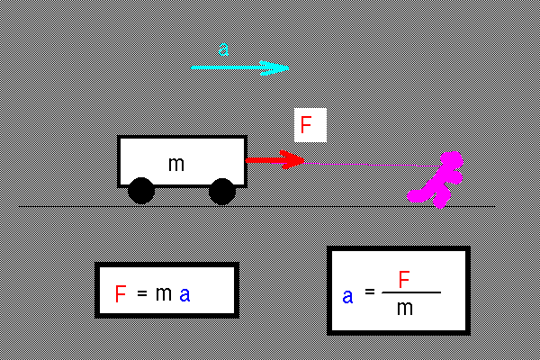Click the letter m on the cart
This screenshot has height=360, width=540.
(x=176, y=163)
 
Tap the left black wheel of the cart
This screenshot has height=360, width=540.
(x=140, y=191)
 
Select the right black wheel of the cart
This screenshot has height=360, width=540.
(x=221, y=191)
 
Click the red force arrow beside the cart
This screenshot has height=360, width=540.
(x=274, y=160)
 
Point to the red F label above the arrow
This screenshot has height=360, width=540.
(x=306, y=125)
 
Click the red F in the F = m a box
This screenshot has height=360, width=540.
(x=121, y=294)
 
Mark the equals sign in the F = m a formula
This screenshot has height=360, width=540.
(x=142, y=294)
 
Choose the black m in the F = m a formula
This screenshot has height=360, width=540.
(x=163, y=294)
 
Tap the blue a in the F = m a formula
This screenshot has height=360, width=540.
(x=184, y=295)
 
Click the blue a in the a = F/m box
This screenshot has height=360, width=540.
(x=347, y=295)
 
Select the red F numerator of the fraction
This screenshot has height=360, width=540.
(x=404, y=280)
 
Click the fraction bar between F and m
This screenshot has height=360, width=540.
(x=411, y=292)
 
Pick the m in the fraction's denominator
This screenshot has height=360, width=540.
(x=405, y=308)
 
